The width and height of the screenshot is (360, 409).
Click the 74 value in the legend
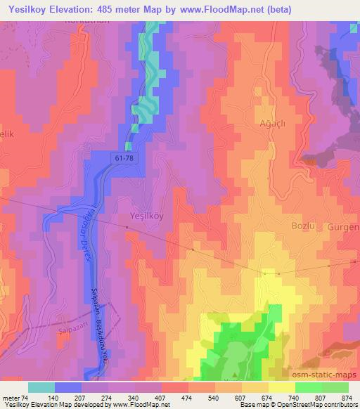pos(25,397)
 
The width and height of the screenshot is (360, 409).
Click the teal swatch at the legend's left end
pos(41,387)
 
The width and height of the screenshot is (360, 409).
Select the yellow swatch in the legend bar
pos(281,387)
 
